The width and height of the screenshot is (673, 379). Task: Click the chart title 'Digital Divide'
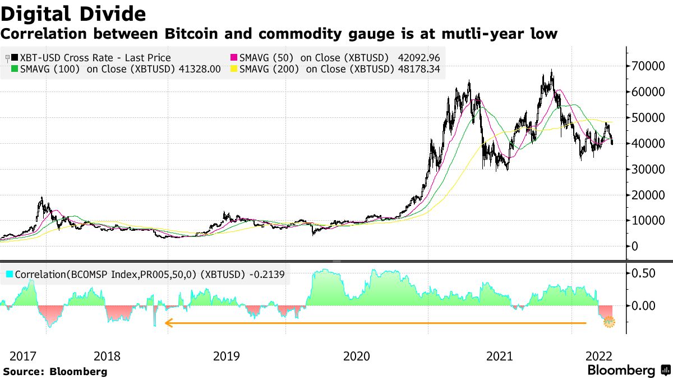tap(73, 13)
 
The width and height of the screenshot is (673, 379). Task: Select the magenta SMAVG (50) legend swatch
tap(234, 58)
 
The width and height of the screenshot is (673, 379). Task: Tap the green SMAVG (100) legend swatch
tap(15, 69)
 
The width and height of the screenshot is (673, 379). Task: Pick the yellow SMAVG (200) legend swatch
tap(234, 69)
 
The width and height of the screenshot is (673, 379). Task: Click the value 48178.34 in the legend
tap(417, 69)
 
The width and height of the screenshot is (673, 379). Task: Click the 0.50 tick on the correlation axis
tap(642, 273)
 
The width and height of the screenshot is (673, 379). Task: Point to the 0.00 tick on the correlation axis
tap(642, 306)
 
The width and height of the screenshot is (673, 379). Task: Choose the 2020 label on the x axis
tap(356, 356)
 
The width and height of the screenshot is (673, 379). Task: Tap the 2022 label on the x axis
tap(599, 356)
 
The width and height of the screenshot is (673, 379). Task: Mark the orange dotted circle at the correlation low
tap(609, 322)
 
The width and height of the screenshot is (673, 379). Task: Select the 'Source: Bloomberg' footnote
tap(55, 371)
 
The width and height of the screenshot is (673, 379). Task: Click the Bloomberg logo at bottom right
tap(628, 371)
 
